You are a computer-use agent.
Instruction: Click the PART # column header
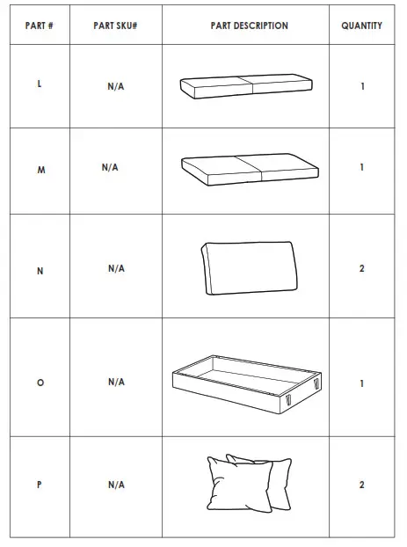(39, 26)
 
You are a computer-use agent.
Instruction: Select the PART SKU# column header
(115, 26)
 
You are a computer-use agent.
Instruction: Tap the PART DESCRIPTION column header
(249, 26)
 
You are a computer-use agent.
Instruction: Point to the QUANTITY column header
(361, 26)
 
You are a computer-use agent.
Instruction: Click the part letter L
(40, 85)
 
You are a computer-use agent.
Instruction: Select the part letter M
(40, 170)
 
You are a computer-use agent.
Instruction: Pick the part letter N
(40, 271)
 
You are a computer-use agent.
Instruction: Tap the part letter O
(40, 383)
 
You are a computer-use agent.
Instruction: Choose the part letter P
(40, 485)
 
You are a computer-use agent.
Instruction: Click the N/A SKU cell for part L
(116, 86)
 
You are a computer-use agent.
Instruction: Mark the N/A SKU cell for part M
(110, 166)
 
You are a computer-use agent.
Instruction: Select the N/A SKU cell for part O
(116, 383)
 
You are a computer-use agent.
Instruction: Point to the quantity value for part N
(361, 268)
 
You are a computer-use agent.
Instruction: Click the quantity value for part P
(361, 485)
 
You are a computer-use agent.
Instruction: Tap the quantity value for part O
(361, 383)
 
